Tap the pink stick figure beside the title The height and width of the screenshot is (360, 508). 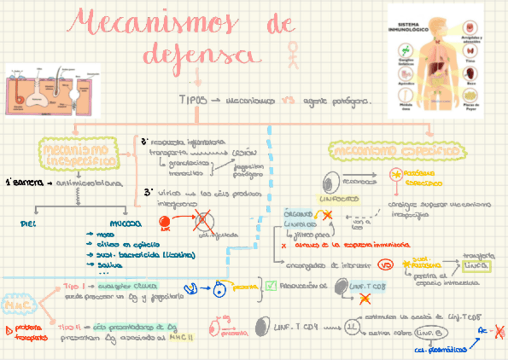(293, 54)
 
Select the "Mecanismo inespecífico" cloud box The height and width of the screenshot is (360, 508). (76, 154)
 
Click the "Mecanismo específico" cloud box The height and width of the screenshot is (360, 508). (397, 150)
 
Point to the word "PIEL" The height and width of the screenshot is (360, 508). (28, 223)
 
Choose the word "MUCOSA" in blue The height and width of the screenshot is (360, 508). (126, 223)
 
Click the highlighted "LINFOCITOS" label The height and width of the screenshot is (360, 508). (339, 197)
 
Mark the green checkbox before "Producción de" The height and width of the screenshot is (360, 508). (270, 286)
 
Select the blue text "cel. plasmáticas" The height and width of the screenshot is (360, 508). (436, 351)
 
